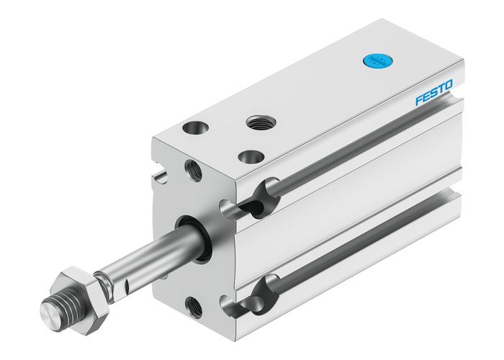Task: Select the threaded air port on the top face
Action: point(257,123)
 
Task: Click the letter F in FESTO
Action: point(418,102)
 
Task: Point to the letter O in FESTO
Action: point(448,86)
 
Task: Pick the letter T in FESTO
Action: point(441,90)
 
